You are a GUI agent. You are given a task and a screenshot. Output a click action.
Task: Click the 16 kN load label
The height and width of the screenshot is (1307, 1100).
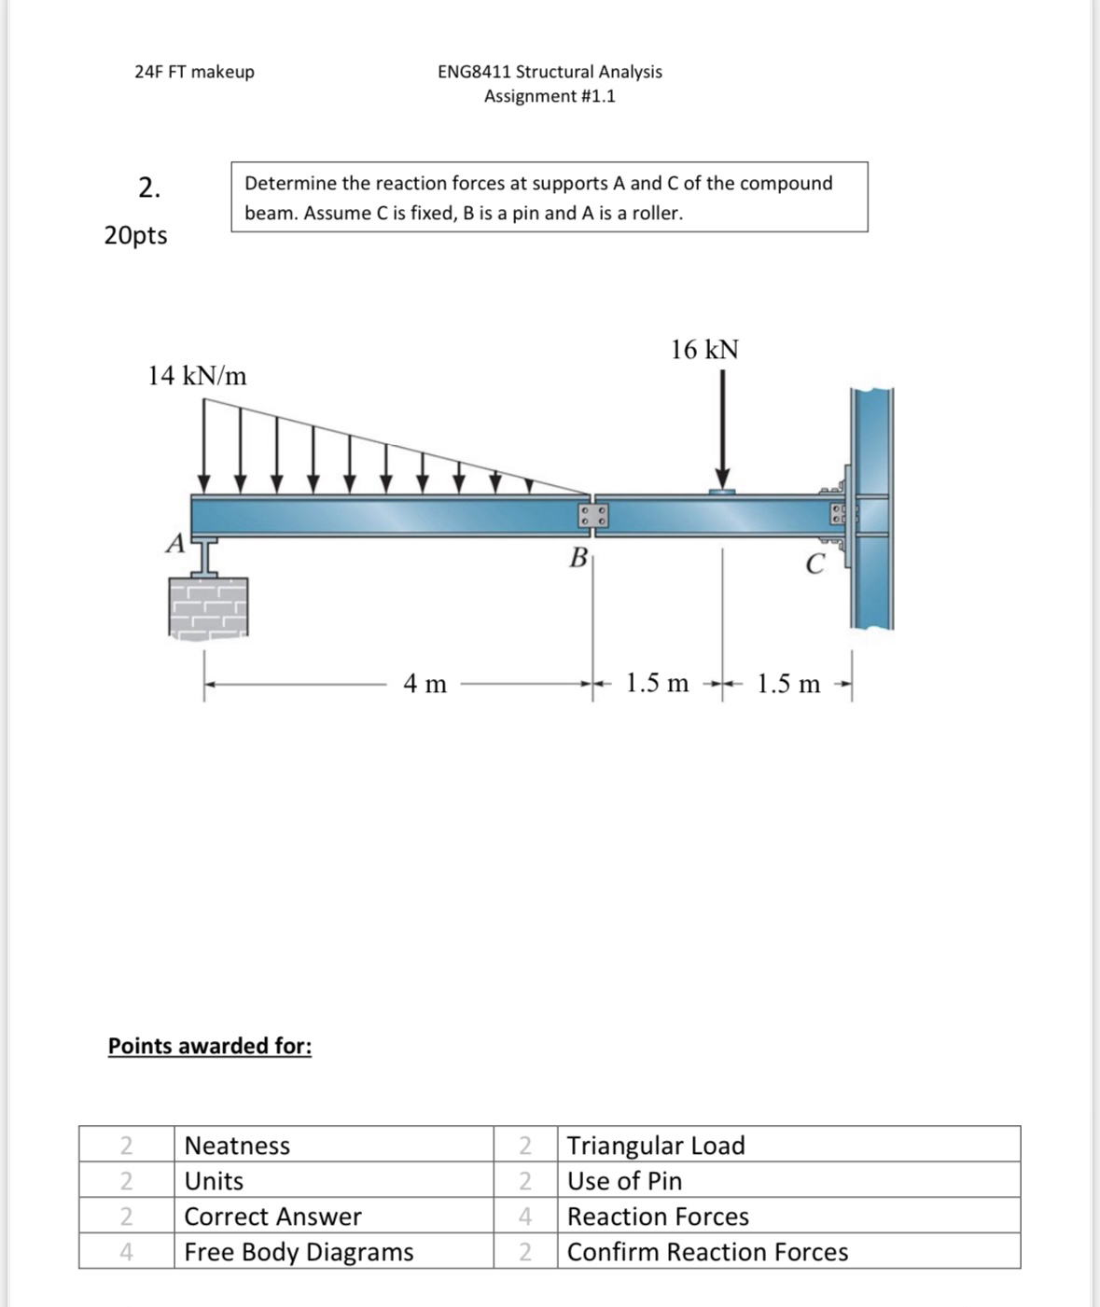(x=704, y=351)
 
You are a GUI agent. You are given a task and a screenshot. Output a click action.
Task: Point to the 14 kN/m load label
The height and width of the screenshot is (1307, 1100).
(x=198, y=377)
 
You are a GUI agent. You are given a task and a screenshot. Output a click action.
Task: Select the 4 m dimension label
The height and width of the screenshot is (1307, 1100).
(x=425, y=685)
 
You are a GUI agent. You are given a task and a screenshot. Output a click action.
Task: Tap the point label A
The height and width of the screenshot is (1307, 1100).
(x=174, y=544)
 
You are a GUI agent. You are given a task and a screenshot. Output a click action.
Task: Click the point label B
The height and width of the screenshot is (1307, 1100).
(x=578, y=559)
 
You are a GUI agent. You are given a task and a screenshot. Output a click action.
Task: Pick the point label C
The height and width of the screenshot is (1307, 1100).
(x=815, y=564)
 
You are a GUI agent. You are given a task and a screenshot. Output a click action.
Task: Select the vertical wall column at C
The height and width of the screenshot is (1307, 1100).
(x=871, y=508)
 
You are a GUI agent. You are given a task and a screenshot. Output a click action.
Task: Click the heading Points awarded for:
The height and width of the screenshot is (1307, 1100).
(x=210, y=1046)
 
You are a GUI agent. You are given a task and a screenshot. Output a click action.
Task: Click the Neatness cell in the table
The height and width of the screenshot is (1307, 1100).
(x=238, y=1146)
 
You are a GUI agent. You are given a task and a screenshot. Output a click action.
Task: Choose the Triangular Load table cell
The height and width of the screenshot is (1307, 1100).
(x=656, y=1146)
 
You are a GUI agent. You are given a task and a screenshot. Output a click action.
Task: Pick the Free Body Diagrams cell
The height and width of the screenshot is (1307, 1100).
(x=299, y=1252)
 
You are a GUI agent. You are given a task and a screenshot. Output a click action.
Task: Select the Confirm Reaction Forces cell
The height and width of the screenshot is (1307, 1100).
(x=707, y=1252)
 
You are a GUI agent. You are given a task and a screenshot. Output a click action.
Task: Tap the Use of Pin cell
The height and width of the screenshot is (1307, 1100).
(x=624, y=1181)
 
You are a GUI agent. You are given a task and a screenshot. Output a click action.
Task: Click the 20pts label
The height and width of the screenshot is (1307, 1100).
(x=136, y=235)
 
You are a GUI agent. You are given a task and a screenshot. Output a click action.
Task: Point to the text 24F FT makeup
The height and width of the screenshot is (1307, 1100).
(x=194, y=72)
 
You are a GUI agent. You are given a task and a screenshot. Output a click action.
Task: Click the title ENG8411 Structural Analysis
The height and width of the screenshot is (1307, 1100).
(x=550, y=72)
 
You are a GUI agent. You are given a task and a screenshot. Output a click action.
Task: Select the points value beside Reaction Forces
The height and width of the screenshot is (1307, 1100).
(x=525, y=1217)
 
